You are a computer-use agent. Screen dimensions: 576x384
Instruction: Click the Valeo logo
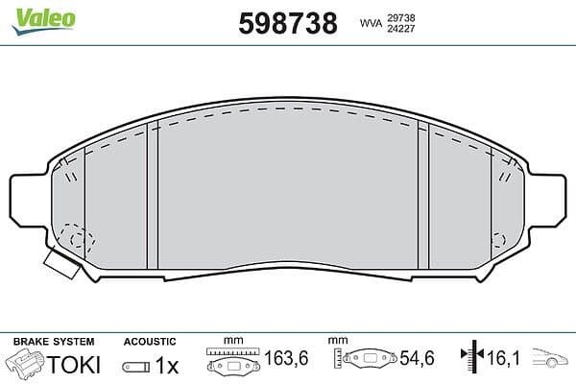click(x=44, y=20)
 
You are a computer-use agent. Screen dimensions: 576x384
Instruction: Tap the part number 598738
click(x=288, y=23)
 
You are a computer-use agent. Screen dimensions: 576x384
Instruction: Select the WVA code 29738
click(x=400, y=17)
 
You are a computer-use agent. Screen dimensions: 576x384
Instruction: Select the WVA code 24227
click(x=400, y=29)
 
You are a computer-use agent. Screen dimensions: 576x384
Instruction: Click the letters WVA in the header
click(x=371, y=23)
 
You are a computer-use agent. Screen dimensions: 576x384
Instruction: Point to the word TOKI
click(x=74, y=365)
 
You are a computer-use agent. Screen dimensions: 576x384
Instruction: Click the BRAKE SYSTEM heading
click(x=54, y=342)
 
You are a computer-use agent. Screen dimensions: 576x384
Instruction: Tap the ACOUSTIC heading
click(x=150, y=342)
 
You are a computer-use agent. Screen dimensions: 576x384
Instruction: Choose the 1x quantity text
click(x=167, y=365)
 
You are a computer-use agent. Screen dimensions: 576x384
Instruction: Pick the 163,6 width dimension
click(x=286, y=358)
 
